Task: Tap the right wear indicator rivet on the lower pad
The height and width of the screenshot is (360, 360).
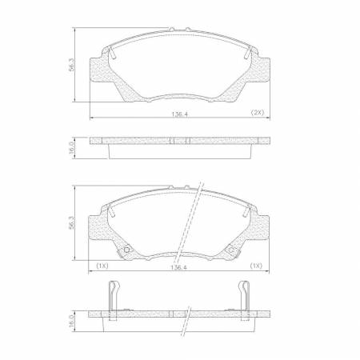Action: tap(232, 251)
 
